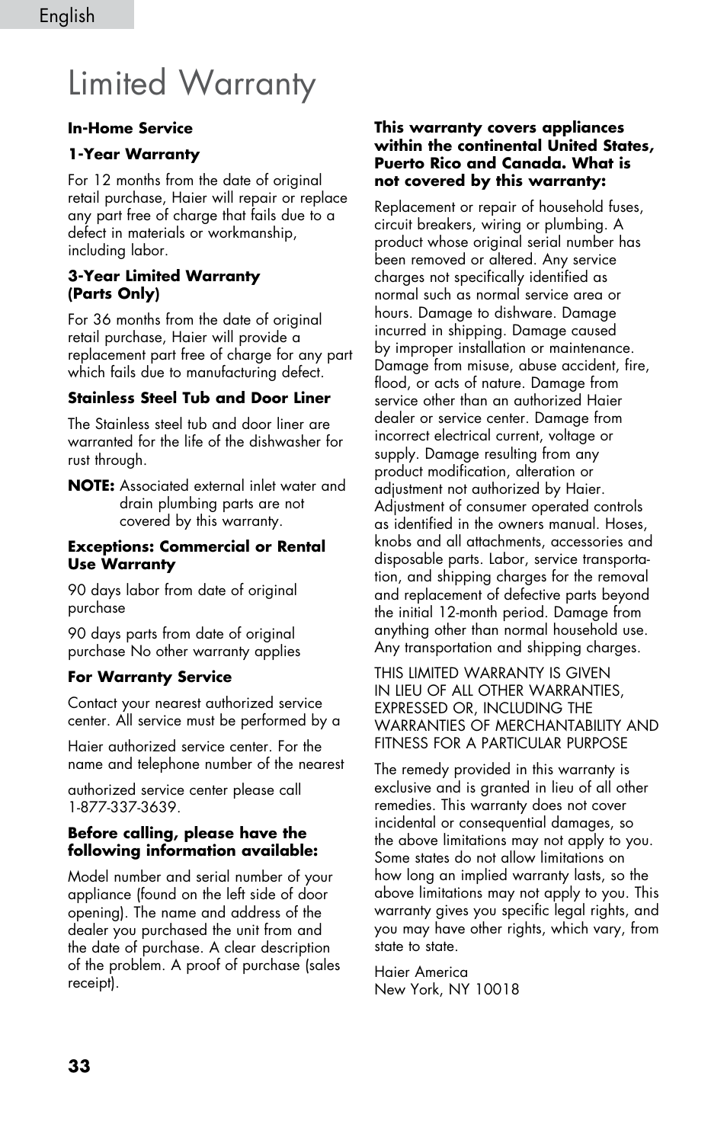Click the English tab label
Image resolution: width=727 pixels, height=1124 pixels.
pyautogui.click(x=67, y=15)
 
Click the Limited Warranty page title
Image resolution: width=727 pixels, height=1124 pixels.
pyautogui.click(x=191, y=83)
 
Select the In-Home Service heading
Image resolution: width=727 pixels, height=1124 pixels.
pyautogui.click(x=130, y=128)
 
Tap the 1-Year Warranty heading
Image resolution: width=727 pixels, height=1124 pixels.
pyautogui.click(x=133, y=154)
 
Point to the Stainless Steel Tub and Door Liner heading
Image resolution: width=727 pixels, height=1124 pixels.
pyautogui.click(x=199, y=398)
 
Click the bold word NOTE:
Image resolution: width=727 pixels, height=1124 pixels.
pyautogui.click(x=91, y=485)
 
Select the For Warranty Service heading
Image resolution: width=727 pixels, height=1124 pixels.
pyautogui.click(x=149, y=677)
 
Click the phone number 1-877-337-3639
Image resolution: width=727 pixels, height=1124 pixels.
pyautogui.click(x=123, y=807)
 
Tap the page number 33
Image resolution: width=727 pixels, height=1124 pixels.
pyautogui.click(x=79, y=1066)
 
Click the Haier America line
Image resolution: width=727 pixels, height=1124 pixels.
pyautogui.click(x=421, y=972)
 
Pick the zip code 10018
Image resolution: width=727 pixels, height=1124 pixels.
pyautogui.click(x=497, y=989)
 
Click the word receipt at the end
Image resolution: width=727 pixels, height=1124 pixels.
pyautogui.click(x=91, y=983)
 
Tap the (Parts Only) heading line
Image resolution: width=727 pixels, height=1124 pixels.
pyautogui.click(x=114, y=293)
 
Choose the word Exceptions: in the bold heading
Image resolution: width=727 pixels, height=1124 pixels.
pyautogui.click(x=111, y=546)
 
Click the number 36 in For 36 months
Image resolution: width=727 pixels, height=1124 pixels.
pyautogui.click(x=102, y=320)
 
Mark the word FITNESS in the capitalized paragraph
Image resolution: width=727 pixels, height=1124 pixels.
pyautogui.click(x=401, y=743)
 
